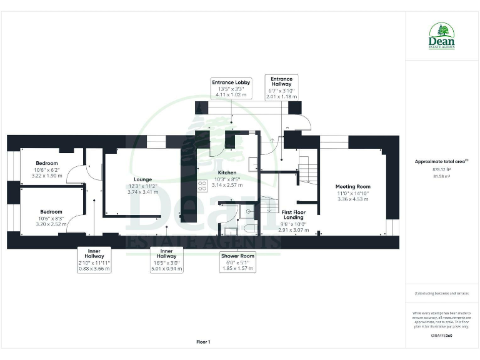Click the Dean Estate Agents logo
click(x=441, y=37)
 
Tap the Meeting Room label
click(x=352, y=186)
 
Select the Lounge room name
click(x=143, y=179)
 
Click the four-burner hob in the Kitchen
click(x=202, y=185)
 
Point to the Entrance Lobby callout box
click(x=231, y=89)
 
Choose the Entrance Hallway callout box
click(x=281, y=87)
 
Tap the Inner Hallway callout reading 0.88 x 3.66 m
click(x=94, y=259)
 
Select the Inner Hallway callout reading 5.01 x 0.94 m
click(x=166, y=259)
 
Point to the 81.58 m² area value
click(x=441, y=176)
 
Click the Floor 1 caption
click(x=203, y=341)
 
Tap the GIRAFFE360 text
click(x=441, y=336)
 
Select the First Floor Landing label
click(x=293, y=215)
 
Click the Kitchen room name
click(x=226, y=172)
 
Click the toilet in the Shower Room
click(x=248, y=227)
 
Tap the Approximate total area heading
click(x=441, y=161)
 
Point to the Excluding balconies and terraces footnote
click(x=441, y=293)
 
